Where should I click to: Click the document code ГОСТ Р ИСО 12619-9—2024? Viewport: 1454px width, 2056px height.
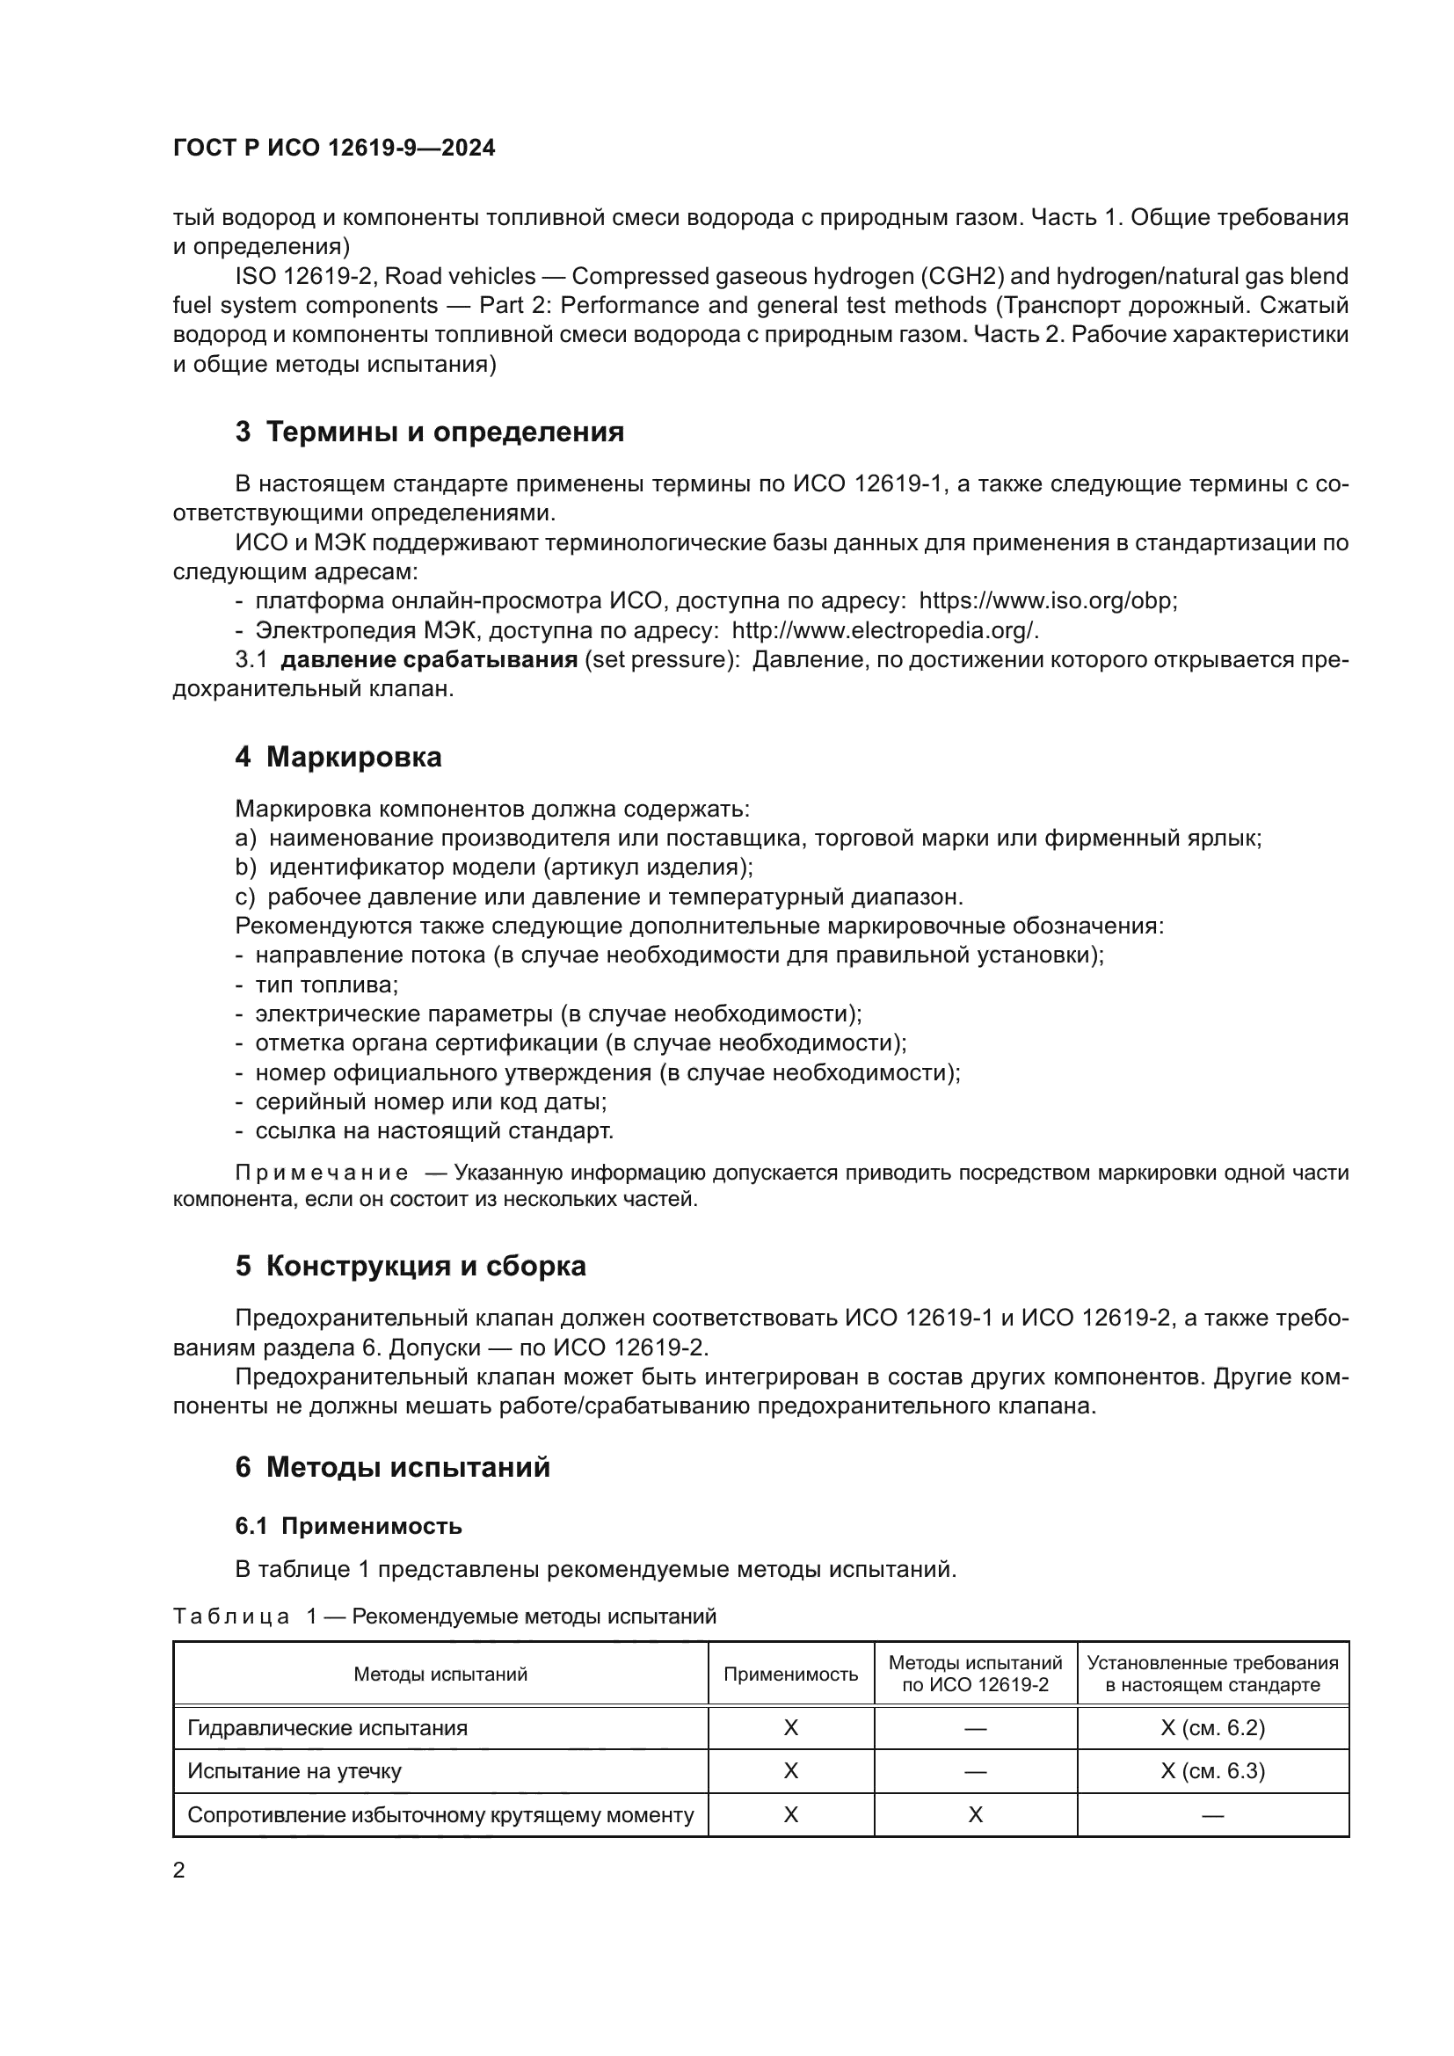coord(333,149)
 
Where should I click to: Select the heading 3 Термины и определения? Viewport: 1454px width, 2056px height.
coord(429,432)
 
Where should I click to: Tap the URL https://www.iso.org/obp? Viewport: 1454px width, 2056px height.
coord(1047,601)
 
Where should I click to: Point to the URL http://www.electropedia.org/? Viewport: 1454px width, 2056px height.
coord(884,630)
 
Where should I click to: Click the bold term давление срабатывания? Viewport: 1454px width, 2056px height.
coord(429,660)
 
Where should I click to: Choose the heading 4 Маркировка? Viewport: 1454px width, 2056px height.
coord(338,758)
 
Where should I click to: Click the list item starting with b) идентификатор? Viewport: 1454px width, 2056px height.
coord(493,867)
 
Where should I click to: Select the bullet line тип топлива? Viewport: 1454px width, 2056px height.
coord(326,985)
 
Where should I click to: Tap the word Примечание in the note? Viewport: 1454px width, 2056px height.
coord(322,1173)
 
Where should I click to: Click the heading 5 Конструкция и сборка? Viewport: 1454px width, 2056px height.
coord(410,1266)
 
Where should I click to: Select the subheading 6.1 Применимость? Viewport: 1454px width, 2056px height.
coord(348,1526)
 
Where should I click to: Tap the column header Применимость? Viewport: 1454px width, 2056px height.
coord(789,1675)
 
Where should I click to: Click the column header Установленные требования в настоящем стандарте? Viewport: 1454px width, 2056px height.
coord(1212,1675)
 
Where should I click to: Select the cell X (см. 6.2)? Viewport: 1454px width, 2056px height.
coord(1212,1728)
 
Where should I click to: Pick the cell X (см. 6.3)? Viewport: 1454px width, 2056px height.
coord(1212,1771)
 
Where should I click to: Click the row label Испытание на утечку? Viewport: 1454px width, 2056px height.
coord(294,1771)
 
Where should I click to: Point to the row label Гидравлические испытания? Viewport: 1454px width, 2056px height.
coord(327,1728)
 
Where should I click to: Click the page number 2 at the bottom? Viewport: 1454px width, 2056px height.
coord(179,1871)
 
